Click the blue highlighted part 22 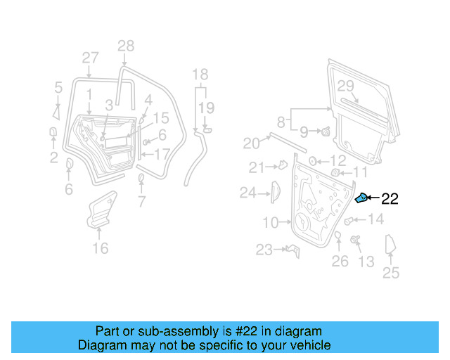point(361,199)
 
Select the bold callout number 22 point(390,200)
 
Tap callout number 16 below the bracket point(101,248)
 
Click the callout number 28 point(125,47)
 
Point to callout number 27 point(90,58)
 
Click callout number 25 point(391,273)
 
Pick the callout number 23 point(264,250)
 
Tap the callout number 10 point(271,223)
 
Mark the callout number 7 point(142,203)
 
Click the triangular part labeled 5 point(56,111)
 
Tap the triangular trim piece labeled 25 point(391,247)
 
